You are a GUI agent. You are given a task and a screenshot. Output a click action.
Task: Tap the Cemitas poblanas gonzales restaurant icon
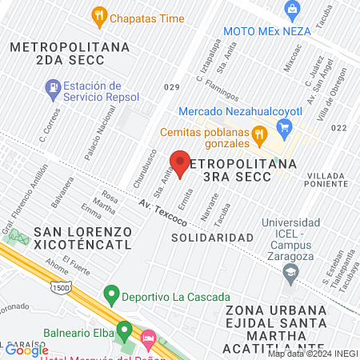[258, 132]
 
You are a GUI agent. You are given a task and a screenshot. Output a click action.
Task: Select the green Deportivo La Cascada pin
[111, 295]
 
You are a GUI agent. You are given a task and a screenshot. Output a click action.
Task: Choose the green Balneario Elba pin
[124, 329]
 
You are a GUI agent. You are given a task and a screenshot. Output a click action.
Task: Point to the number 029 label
[171, 86]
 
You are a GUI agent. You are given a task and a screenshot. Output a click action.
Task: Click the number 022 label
[338, 127]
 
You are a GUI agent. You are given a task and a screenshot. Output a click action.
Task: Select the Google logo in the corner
[26, 350]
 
